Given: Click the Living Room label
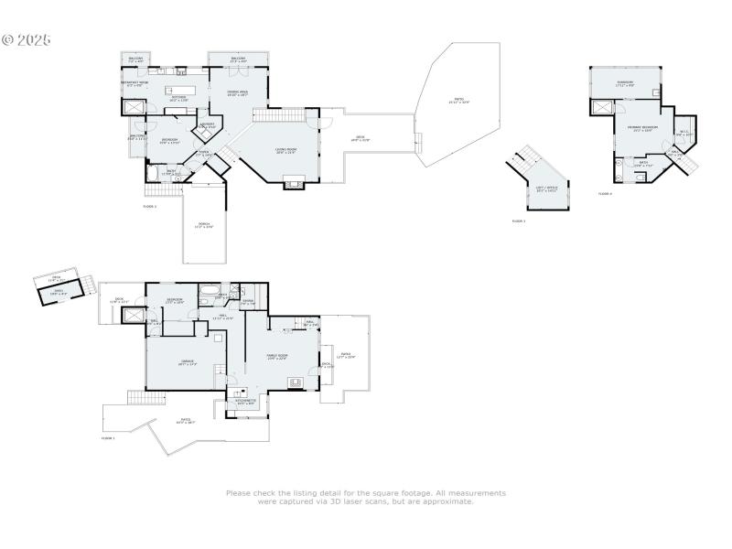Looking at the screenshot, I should pyautogui.click(x=285, y=151).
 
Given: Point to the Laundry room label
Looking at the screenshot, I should pyautogui.click(x=208, y=125).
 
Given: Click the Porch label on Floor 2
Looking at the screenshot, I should pyautogui.click(x=204, y=225).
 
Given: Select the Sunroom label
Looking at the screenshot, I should pyautogui.click(x=625, y=83).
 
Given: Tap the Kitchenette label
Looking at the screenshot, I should pyautogui.click(x=246, y=401).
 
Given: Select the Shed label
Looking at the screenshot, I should pyautogui.click(x=59, y=292).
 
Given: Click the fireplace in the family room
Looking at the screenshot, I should pyautogui.click(x=295, y=382).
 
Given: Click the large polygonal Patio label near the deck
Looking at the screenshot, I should pyautogui.click(x=458, y=101).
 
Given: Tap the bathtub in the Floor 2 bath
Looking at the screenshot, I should pyautogui.click(x=152, y=172).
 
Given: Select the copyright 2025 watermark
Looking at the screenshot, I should pyautogui.click(x=26, y=40).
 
